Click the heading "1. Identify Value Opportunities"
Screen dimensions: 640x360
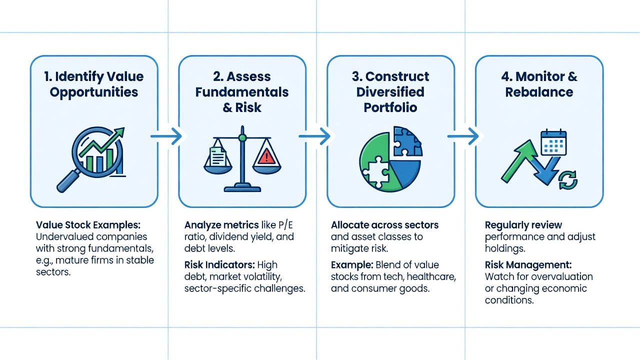coord(94,84)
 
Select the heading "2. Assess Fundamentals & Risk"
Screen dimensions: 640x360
coord(242,92)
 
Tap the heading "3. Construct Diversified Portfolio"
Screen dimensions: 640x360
coord(390,92)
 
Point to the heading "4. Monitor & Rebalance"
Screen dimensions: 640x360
coord(539,84)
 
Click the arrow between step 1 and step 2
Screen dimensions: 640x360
coord(166,136)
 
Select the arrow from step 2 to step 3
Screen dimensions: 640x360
coord(314,136)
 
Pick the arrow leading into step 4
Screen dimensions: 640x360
coord(463,136)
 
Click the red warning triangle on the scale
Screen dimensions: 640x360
coord(266,156)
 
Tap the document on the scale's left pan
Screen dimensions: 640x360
coord(218,156)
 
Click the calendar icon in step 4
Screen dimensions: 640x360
coord(554,142)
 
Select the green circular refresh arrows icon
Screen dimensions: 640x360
coord(568,180)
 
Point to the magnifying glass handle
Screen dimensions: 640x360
coord(68,181)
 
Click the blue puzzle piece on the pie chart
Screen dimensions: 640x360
coord(407,141)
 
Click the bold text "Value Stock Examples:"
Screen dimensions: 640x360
coord(88,225)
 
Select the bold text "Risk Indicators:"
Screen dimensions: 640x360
coord(219,265)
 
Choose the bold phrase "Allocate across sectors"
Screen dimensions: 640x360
coord(384,225)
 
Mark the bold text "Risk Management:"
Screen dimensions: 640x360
coord(528,265)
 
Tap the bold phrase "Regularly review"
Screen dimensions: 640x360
coord(523,225)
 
